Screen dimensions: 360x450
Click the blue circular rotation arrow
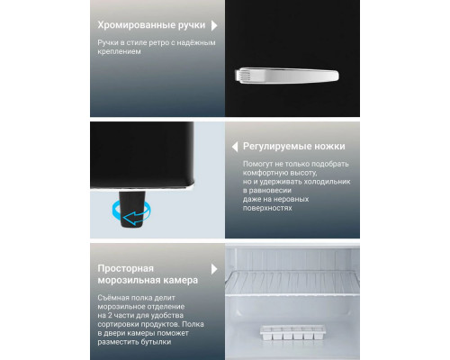(127, 213)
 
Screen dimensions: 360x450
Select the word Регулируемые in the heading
(274, 147)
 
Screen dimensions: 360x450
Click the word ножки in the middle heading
(328, 147)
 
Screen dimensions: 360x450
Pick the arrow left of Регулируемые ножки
(232, 146)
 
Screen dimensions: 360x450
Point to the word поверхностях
(268, 208)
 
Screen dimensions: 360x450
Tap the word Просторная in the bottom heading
(125, 268)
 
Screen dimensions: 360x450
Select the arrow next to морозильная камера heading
(213, 269)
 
